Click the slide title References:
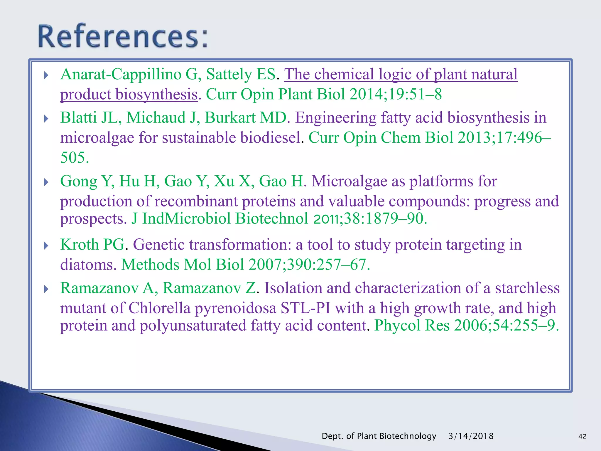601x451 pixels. pos(123,36)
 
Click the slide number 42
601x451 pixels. pos(582,436)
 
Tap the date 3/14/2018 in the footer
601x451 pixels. pos(471,436)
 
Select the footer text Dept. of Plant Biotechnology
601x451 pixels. pos(379,436)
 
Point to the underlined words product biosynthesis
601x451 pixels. pos(129,95)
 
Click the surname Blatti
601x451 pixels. pos(78,117)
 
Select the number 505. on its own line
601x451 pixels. pos(74,157)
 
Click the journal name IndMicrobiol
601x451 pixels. pos(186,219)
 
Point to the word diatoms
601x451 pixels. pos(86,265)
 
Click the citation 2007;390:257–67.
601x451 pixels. pos(309,265)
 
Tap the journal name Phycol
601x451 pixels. pos(397,326)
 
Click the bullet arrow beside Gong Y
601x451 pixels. pos(46,183)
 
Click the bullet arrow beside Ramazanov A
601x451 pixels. pos(46,290)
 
